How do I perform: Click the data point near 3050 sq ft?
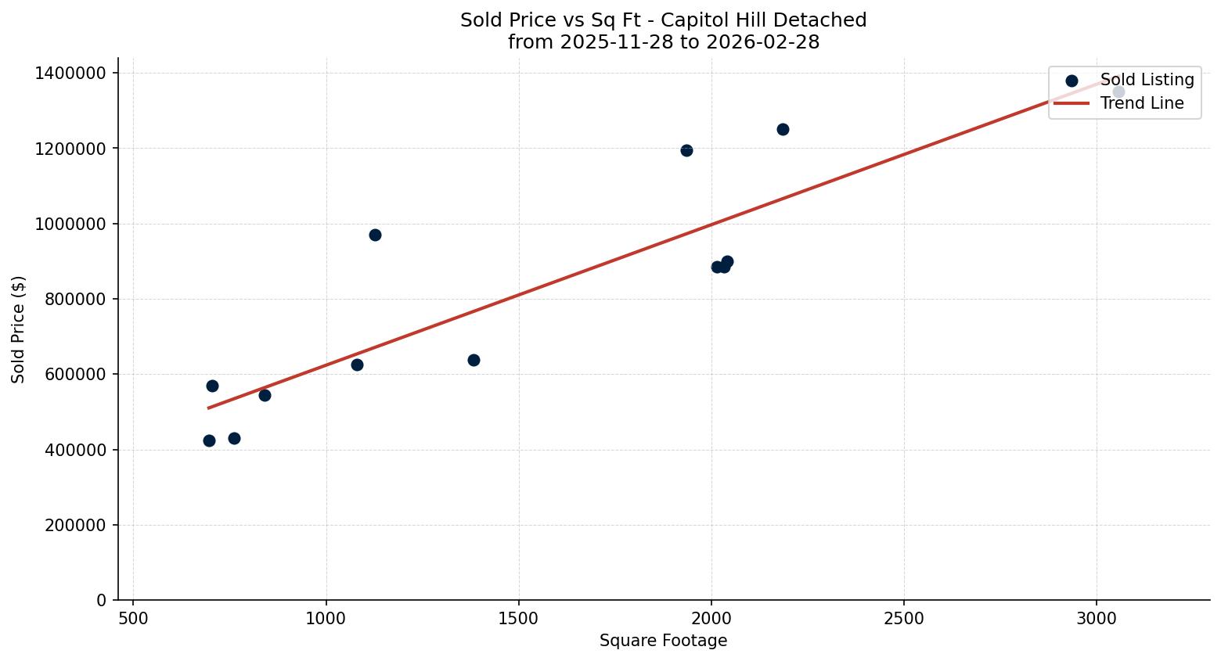tap(1118, 92)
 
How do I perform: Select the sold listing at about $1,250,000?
tap(783, 129)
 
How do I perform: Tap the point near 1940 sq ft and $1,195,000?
tap(686, 150)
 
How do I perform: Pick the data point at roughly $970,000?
tap(375, 235)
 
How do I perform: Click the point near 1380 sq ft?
tap(474, 360)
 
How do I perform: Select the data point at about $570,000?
tap(212, 386)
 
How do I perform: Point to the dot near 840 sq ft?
tap(265, 395)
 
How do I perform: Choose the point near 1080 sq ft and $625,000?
tap(357, 365)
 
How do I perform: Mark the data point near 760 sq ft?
tap(234, 438)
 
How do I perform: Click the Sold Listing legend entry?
tap(1147, 80)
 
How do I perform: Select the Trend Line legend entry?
tap(1141, 103)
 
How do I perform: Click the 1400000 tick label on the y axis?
tap(70, 73)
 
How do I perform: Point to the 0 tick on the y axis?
tap(102, 600)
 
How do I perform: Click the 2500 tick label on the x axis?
tap(904, 619)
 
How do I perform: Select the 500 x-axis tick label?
tap(133, 619)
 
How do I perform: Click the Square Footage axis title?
tap(663, 641)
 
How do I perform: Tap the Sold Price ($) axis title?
tap(19, 329)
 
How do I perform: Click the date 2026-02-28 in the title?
tap(762, 42)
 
